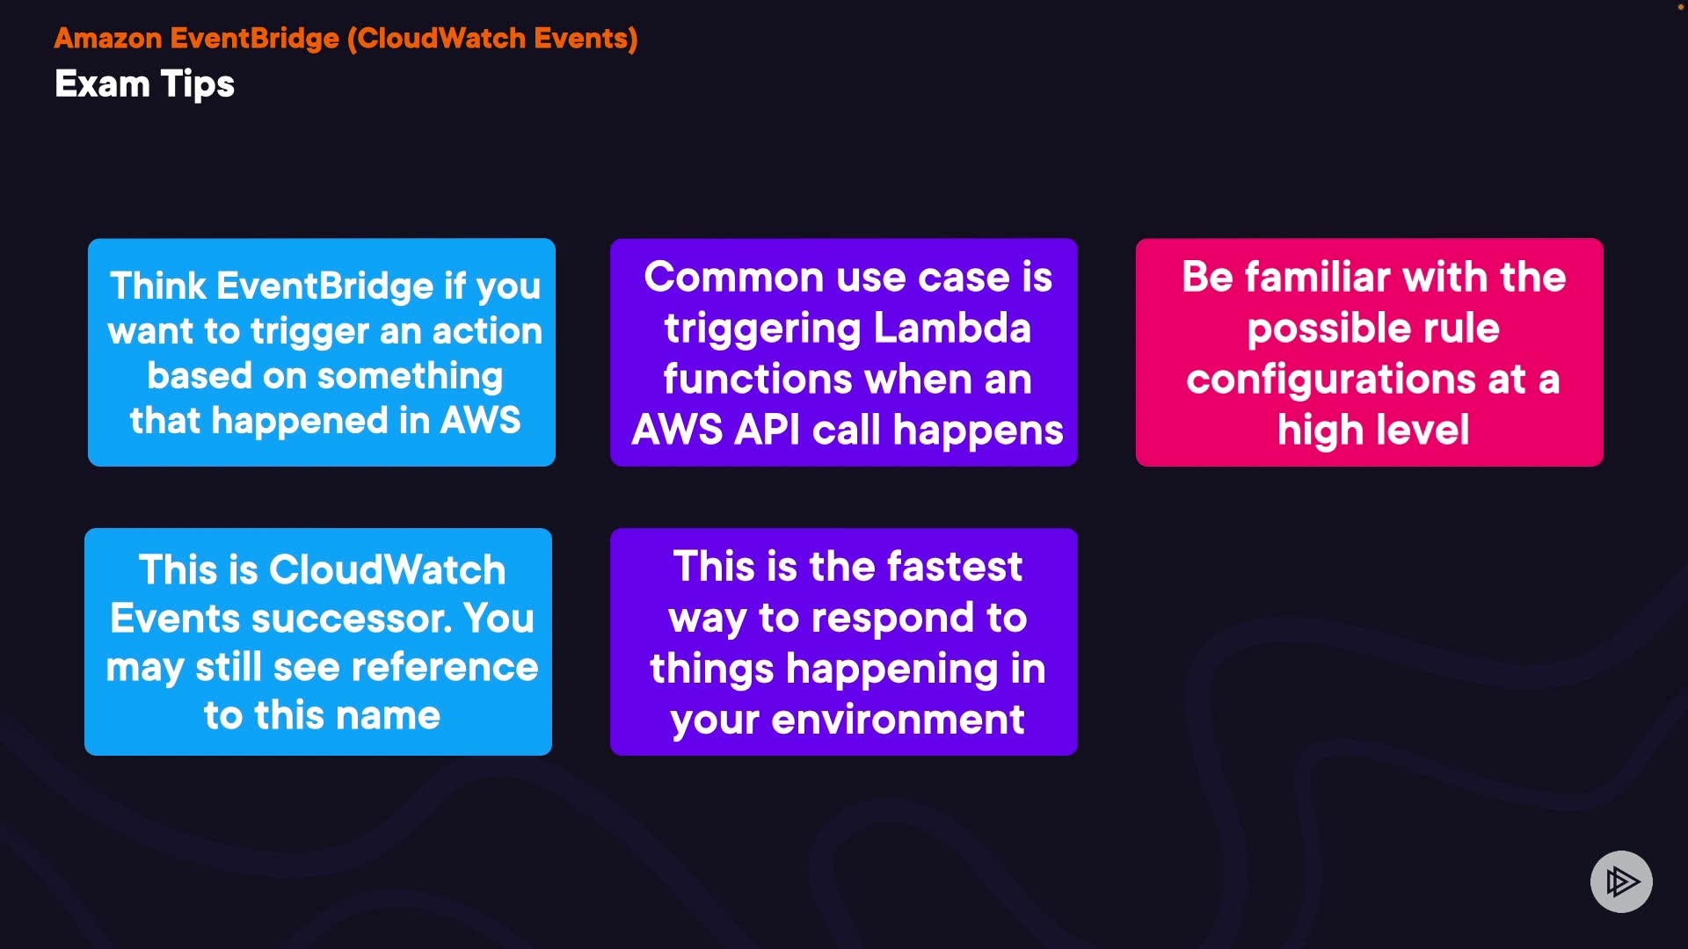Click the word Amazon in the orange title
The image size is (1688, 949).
108,39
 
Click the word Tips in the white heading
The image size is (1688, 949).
198,85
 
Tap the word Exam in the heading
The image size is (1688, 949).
102,84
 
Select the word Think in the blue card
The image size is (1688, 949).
158,286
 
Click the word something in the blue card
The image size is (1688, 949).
410,377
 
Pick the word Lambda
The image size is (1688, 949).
952,329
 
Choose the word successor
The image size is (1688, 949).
352,619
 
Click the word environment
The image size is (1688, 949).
898,720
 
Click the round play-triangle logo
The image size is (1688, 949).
1621,881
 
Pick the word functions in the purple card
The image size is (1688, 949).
757,380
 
